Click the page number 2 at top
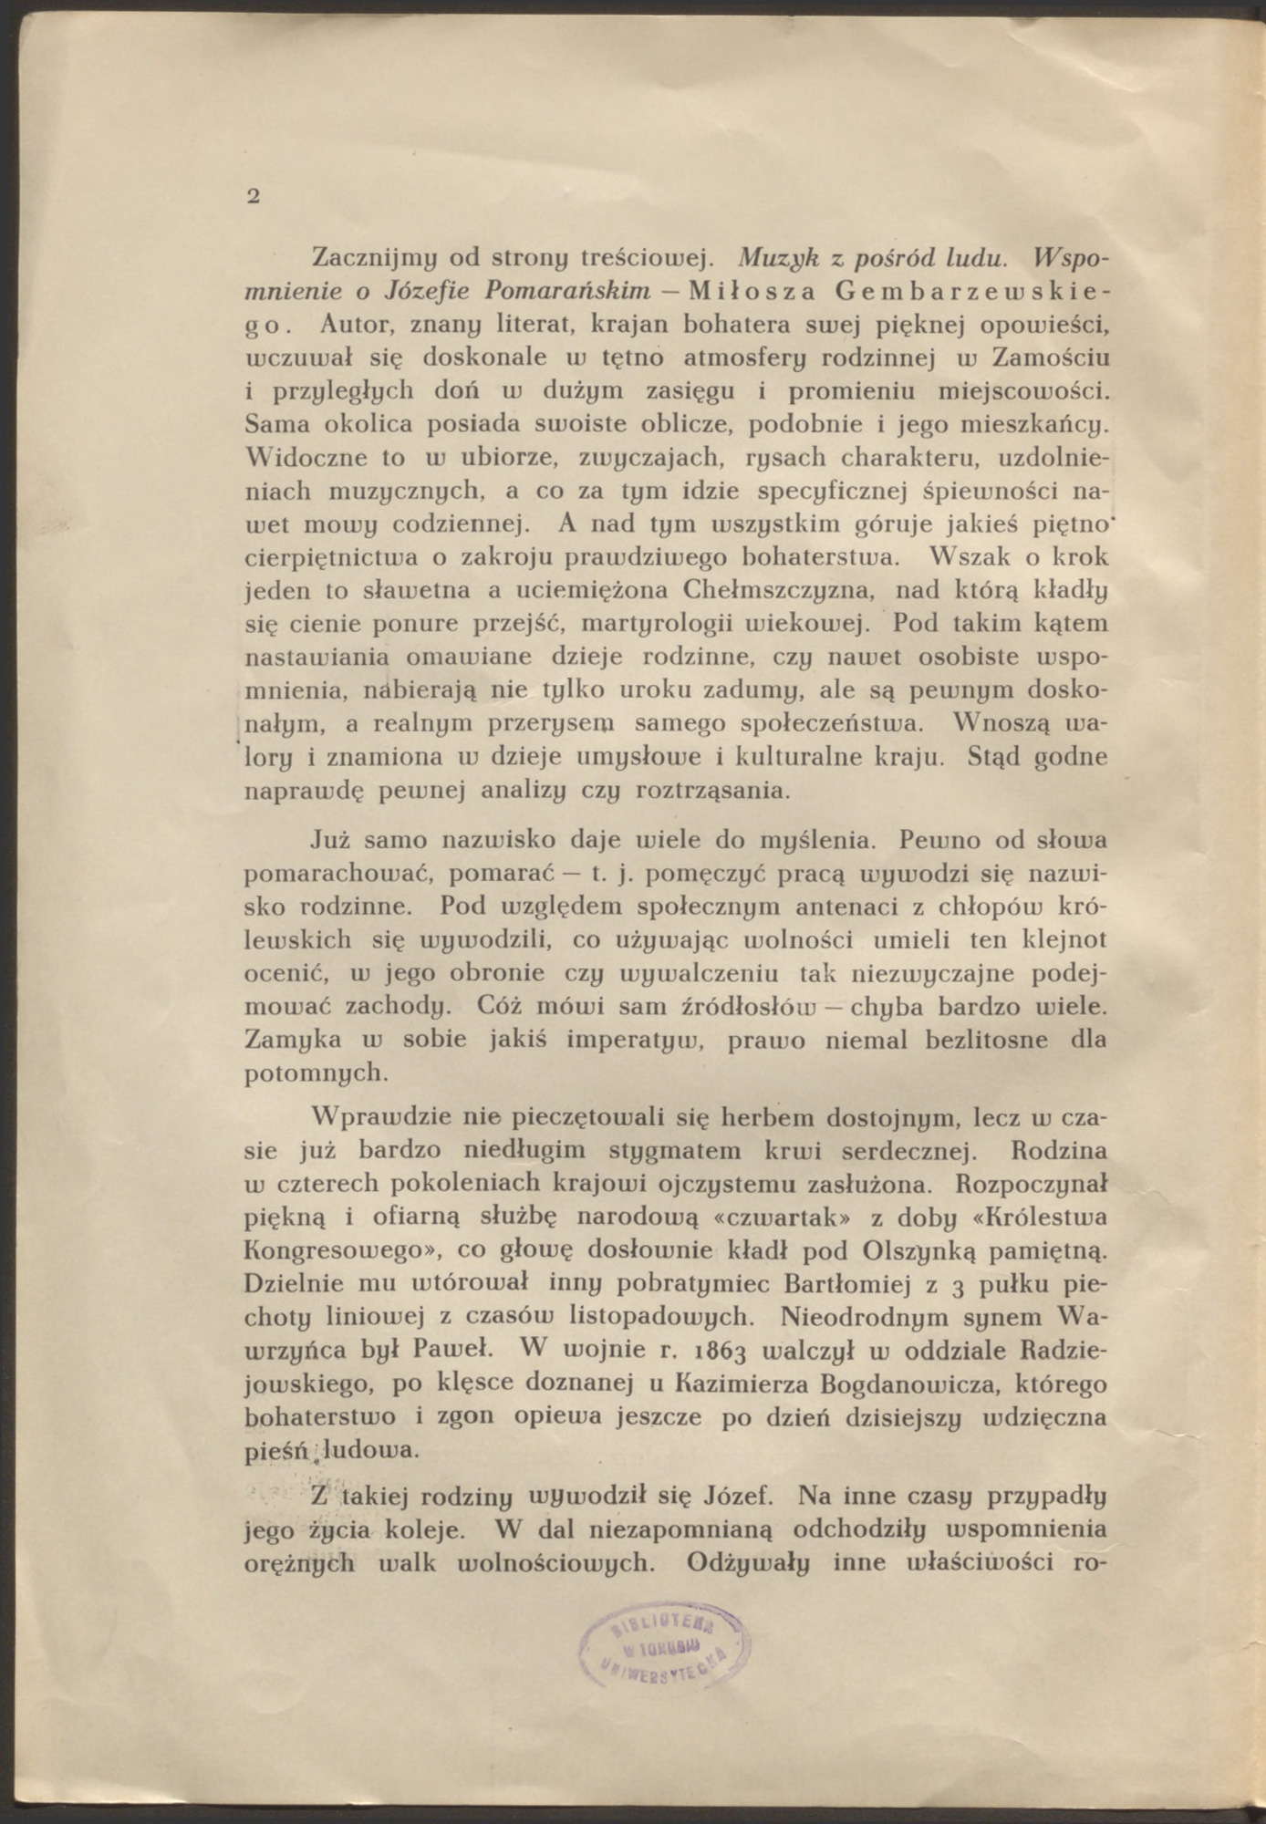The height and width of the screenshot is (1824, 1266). point(254,195)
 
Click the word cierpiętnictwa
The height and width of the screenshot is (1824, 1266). point(337,557)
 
